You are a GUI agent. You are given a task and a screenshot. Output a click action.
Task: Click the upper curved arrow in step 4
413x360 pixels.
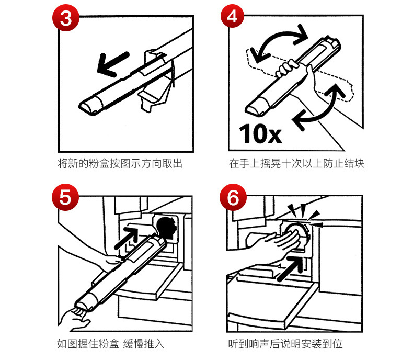pyautogui.click(x=278, y=42)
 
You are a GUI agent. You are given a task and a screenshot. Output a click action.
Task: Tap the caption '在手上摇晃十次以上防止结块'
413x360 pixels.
pyautogui.click(x=296, y=164)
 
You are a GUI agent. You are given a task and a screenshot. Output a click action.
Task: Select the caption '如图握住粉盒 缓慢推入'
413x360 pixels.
pyautogui.click(x=113, y=344)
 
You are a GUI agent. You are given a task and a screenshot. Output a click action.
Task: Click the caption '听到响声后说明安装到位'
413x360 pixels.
pyautogui.click(x=286, y=344)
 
